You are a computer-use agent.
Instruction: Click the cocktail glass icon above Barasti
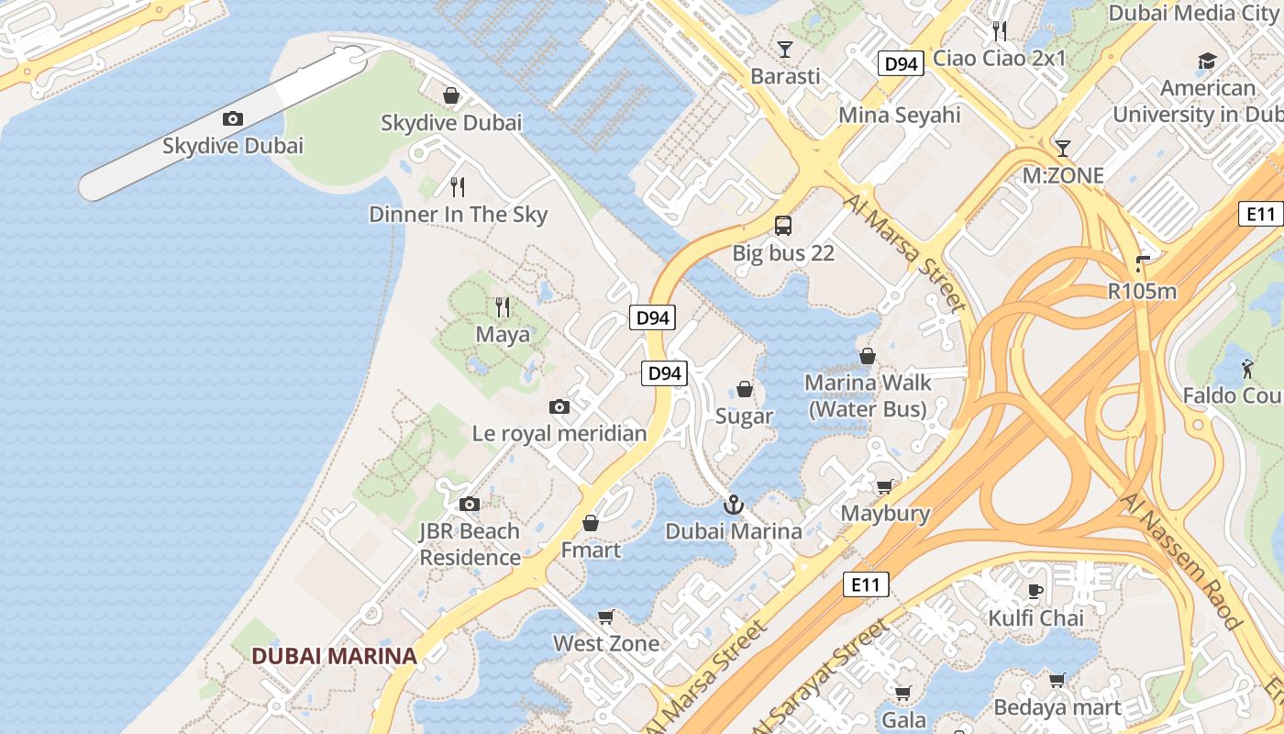(785, 49)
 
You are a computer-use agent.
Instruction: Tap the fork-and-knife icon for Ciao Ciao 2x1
(1000, 31)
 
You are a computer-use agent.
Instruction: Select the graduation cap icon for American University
(1207, 61)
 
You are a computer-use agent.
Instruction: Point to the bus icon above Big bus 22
(783, 225)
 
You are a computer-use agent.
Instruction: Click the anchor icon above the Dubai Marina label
(733, 504)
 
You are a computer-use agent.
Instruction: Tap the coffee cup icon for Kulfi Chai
(1035, 590)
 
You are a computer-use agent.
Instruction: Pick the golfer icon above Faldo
(1247, 369)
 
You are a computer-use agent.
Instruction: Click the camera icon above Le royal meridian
(559, 406)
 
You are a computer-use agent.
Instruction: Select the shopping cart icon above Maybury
(885, 486)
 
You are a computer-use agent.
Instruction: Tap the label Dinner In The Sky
(458, 215)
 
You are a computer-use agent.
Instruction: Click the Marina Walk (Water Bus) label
(868, 395)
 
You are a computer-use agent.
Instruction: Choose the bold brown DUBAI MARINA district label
(334, 656)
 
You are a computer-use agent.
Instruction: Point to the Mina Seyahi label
(900, 115)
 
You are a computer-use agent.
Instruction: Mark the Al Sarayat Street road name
(821, 678)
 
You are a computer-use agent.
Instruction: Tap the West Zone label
(605, 643)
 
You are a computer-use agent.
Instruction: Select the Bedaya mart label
(1057, 707)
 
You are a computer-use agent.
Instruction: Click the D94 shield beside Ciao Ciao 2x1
(901, 63)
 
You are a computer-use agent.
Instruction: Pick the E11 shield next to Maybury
(866, 584)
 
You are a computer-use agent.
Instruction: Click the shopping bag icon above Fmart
(591, 523)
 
